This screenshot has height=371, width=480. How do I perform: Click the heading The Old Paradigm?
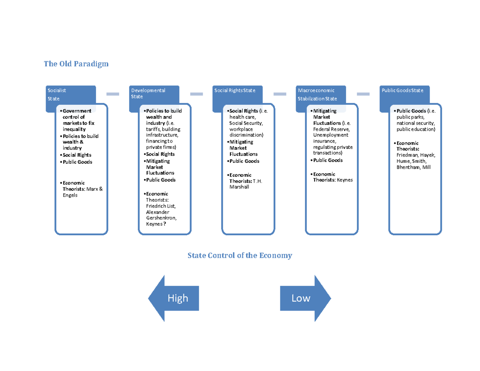point(76,64)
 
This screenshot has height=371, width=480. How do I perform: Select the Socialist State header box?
point(70,94)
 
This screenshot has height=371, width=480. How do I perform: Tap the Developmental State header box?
point(154,94)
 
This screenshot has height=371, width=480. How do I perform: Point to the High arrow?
point(174,298)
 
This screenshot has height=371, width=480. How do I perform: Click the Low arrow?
point(305,298)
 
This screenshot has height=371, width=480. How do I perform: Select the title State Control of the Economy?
point(240,255)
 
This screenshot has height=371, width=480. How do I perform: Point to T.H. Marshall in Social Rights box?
point(245,184)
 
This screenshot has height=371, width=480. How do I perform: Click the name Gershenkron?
point(161,218)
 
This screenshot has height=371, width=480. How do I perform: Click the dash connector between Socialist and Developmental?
point(113,94)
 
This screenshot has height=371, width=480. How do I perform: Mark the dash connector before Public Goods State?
point(363,94)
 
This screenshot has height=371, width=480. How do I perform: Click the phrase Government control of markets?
point(78,117)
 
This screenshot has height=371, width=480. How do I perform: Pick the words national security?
point(415,124)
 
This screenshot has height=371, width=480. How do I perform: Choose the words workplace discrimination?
point(246,132)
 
